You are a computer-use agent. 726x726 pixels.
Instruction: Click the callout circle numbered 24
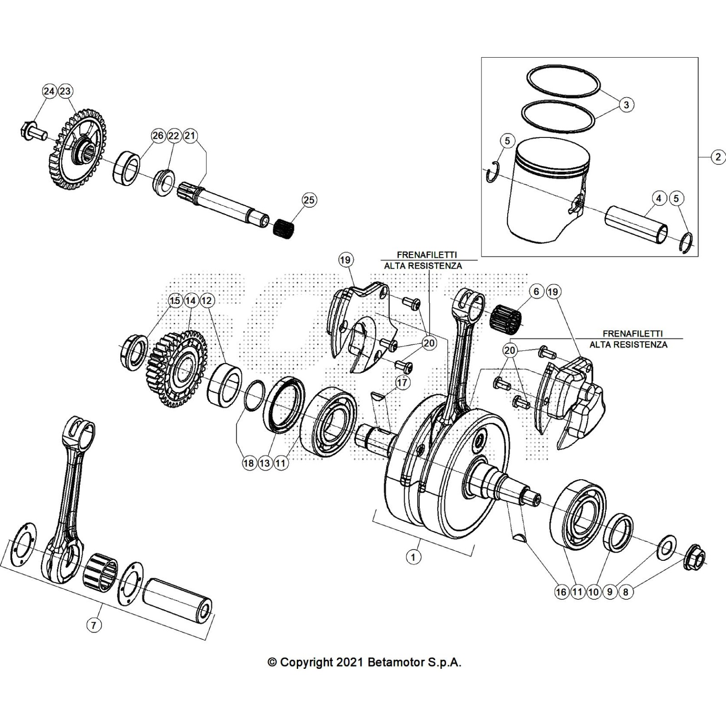(49, 91)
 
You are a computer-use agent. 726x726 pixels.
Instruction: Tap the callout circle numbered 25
(309, 200)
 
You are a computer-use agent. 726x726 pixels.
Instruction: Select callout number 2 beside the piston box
(717, 157)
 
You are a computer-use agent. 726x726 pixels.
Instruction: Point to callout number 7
(93, 625)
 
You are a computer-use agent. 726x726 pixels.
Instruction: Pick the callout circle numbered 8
(626, 592)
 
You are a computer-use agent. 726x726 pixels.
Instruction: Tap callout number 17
(402, 383)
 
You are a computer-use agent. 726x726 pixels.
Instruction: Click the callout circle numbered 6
(536, 291)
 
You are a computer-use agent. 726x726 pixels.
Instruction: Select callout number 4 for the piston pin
(658, 198)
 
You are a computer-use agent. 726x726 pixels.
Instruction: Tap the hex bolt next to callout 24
(33, 131)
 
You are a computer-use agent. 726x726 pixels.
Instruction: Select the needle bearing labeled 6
(506, 315)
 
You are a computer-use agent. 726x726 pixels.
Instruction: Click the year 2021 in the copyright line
(349, 662)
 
